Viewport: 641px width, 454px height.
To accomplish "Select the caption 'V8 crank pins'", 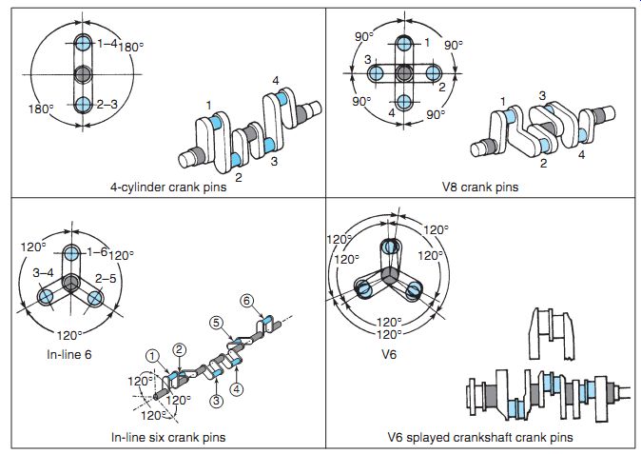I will click(x=480, y=187).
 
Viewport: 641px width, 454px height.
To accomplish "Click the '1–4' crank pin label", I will click(x=107, y=44).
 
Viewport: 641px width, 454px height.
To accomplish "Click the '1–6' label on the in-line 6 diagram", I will click(x=96, y=252).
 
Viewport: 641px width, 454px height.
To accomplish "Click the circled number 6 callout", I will click(x=246, y=301).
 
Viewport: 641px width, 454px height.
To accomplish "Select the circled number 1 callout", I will click(x=150, y=357).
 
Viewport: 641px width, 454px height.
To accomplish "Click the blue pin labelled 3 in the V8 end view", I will click(x=375, y=73).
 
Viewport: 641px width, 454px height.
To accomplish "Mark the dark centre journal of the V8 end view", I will click(x=403, y=73).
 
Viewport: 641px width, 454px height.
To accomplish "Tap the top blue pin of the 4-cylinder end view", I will click(x=83, y=44).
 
